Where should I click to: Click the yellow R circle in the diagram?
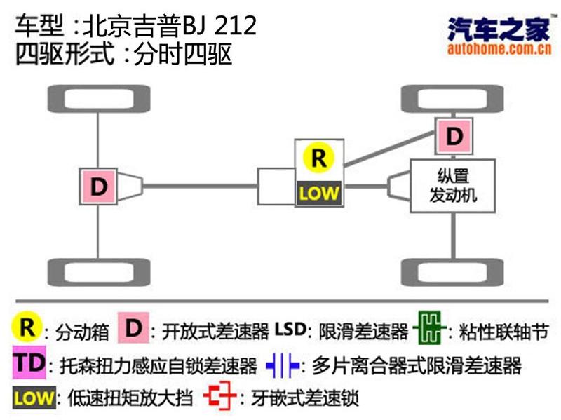pyautogui.click(x=318, y=158)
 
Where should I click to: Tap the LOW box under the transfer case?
pyautogui.click(x=318, y=191)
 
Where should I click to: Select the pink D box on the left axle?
pyautogui.click(x=99, y=187)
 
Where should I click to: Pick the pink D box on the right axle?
pyautogui.click(x=454, y=135)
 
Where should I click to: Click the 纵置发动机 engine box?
pyautogui.click(x=452, y=185)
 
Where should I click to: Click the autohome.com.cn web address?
pyautogui.click(x=497, y=49)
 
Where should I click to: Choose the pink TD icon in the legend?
pyautogui.click(x=29, y=363)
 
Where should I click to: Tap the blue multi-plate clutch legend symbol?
pyautogui.click(x=283, y=365)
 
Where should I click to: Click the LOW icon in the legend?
pyautogui.click(x=33, y=398)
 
